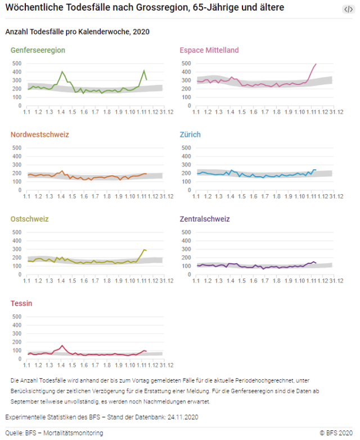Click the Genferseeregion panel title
click(x=38, y=50)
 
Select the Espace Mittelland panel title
click(x=209, y=50)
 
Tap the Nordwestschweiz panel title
click(x=40, y=134)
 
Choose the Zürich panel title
click(x=190, y=134)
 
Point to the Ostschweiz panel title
click(x=30, y=219)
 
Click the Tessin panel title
click(x=21, y=303)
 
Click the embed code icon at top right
click(x=348, y=9)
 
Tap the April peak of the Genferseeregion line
click(x=62, y=71)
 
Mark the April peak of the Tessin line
click(x=62, y=345)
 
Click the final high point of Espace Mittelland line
click(x=316, y=64)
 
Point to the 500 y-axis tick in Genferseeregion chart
click(x=17, y=63)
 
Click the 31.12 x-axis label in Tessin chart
click(x=166, y=364)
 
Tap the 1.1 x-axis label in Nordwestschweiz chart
click(x=26, y=195)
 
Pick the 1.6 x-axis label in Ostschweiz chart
click(x=84, y=280)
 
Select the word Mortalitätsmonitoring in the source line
click(x=76, y=433)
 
